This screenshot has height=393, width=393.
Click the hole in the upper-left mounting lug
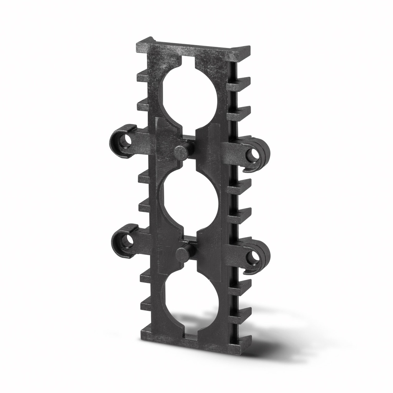click(x=125, y=141)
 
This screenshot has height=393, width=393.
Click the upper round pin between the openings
click(x=181, y=152)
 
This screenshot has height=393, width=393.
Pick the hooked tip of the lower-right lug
click(x=248, y=271)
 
